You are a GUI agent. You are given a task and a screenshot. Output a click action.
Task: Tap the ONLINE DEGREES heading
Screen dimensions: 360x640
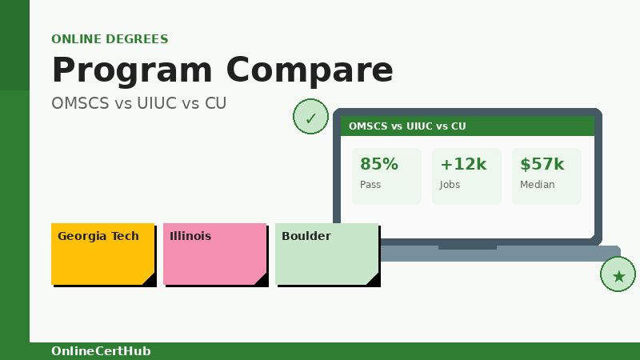110,39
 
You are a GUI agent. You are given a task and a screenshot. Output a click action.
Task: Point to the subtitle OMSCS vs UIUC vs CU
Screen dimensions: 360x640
138,103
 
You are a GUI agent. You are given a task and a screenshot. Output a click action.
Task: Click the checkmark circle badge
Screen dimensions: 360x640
310,118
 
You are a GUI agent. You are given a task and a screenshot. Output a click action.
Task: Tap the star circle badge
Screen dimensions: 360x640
618,275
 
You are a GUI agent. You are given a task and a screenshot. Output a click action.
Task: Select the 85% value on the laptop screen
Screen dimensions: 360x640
378,164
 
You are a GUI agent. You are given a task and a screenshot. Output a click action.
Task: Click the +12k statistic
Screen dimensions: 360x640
463,164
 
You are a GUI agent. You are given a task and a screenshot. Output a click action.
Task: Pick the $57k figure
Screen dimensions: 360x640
542,164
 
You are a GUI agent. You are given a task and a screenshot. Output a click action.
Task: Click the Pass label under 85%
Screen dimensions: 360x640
370,185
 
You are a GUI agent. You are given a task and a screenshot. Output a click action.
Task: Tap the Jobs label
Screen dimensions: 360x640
450,185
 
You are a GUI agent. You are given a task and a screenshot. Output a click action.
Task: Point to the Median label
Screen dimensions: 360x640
537,185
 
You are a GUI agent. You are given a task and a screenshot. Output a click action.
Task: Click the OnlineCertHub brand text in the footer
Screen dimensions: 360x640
101,351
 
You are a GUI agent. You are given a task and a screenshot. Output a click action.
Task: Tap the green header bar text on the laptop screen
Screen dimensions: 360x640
407,126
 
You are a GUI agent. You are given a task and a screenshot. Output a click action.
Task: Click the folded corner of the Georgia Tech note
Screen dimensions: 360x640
150,279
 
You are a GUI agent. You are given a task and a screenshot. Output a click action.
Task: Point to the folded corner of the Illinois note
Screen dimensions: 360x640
262,279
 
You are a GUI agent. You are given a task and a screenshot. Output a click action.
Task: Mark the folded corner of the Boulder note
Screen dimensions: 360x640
374,279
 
